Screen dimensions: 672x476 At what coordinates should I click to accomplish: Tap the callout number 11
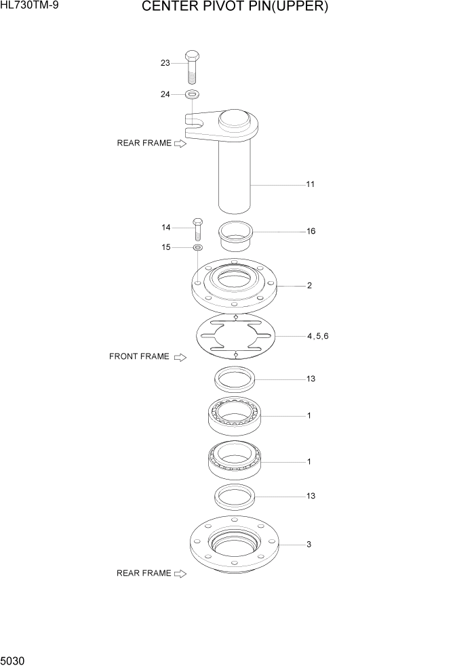[310, 184]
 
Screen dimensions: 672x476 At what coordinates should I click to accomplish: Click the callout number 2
[309, 286]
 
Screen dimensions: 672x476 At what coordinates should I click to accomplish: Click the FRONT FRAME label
[139, 356]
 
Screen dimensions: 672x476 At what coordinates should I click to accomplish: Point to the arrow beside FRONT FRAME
[180, 357]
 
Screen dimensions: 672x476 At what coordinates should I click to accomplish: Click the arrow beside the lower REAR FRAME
[180, 574]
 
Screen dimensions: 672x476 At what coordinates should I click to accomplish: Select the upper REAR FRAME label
[144, 143]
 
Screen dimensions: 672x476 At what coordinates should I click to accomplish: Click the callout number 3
[309, 544]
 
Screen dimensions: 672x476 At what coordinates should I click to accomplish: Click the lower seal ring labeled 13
[235, 496]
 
